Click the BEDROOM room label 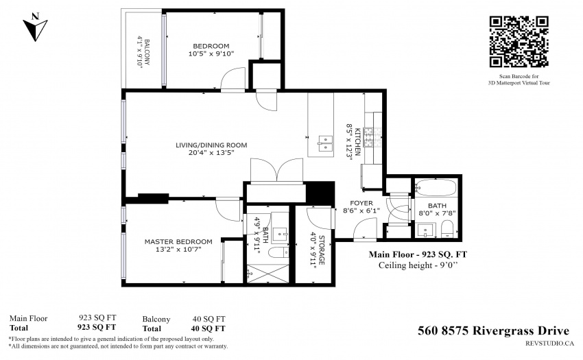tap(211, 46)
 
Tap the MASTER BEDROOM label tap(178, 242)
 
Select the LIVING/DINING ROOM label tap(211, 145)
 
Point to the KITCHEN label tap(357, 142)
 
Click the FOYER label tap(361, 203)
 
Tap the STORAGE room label tap(322, 250)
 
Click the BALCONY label tap(147, 52)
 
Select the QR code tap(519, 42)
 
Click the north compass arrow tap(35, 27)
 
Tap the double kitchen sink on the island tap(324, 143)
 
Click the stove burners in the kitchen tap(369, 138)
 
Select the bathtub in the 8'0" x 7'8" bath tap(436, 188)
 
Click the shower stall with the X tap(268, 274)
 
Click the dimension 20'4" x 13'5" tap(211, 152)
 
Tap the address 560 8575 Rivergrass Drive tap(493, 331)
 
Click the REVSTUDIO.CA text tap(549, 344)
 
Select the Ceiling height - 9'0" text tap(418, 265)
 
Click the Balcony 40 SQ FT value tap(209, 319)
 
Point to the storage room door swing tap(319, 218)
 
